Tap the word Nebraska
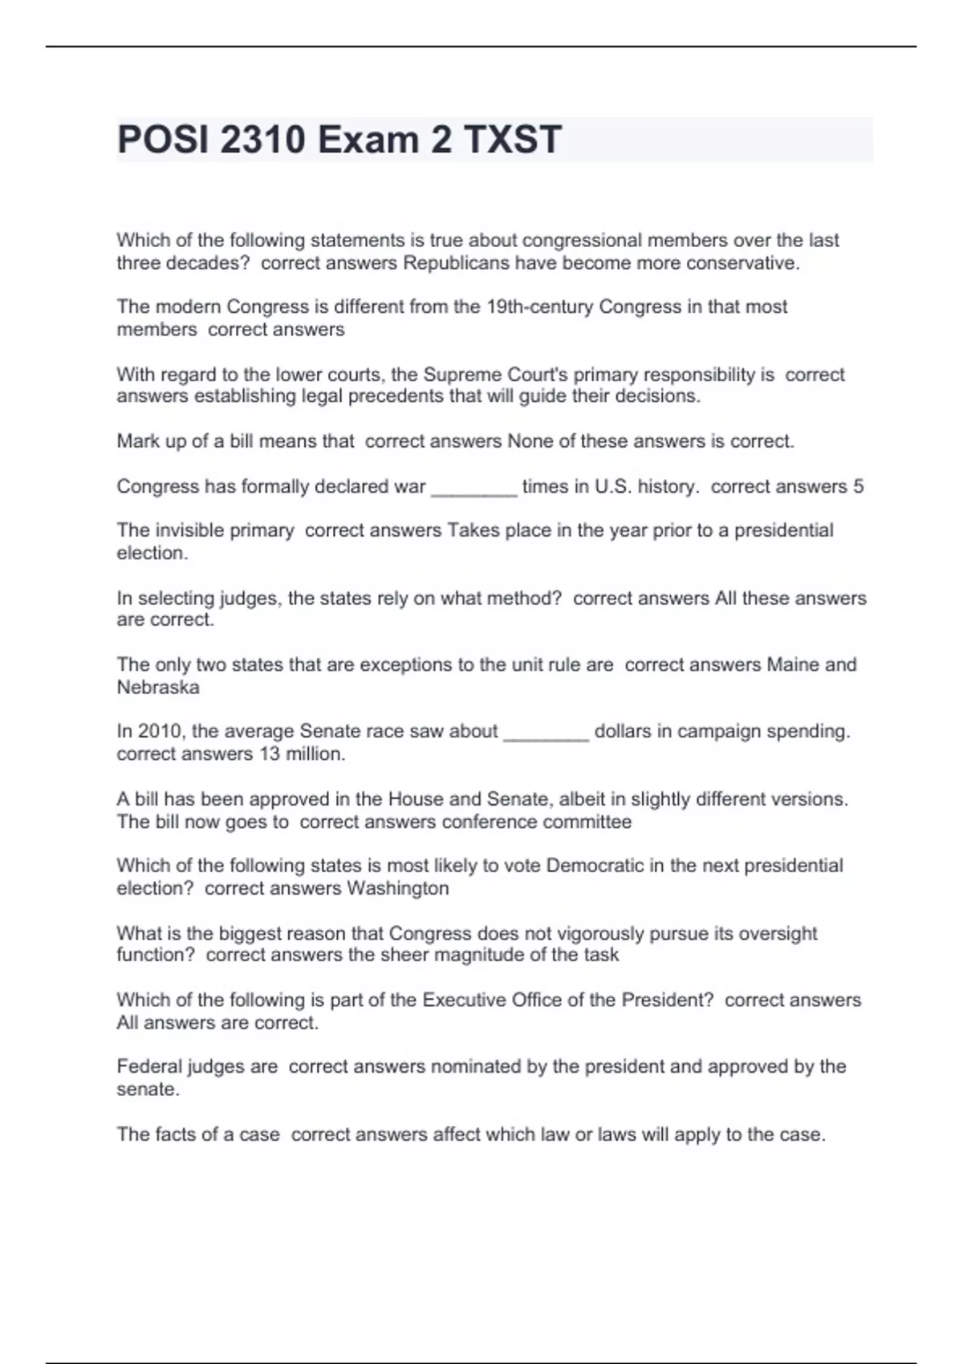(x=158, y=688)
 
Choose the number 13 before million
(x=269, y=754)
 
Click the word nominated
(x=476, y=1066)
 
